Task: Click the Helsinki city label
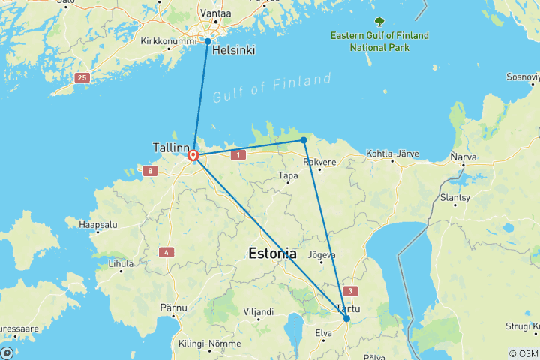point(233,51)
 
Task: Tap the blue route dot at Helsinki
point(208,41)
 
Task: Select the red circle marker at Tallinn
point(193,156)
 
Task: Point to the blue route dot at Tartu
point(346,319)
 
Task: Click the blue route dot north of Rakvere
point(304,140)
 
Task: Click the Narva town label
point(463,157)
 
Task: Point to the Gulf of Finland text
point(271,88)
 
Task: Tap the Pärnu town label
point(173,307)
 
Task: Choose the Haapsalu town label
point(100,224)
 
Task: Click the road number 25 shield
point(82,77)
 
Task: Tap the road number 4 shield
point(166,252)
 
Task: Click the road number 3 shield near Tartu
point(349,290)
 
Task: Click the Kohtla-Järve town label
point(392,154)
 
